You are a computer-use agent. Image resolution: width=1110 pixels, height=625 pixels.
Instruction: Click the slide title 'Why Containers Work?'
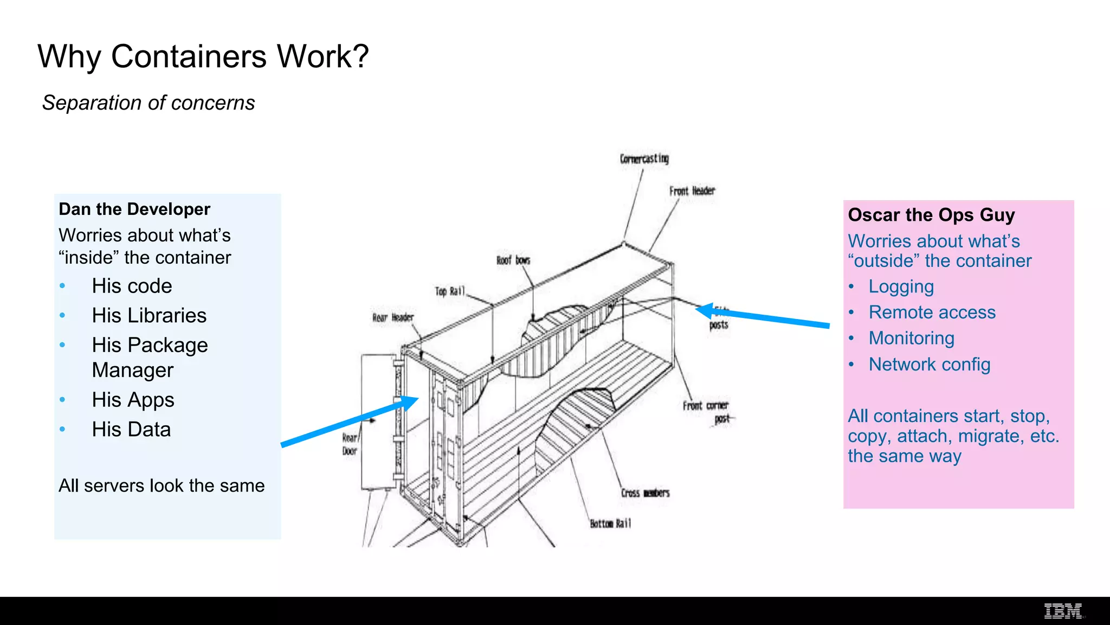coord(203,56)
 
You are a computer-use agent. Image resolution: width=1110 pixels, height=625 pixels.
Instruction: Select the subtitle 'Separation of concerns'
coord(148,103)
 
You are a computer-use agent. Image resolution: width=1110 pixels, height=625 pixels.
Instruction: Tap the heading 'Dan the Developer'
coord(134,209)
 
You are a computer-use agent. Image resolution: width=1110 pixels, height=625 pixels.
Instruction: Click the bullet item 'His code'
coord(132,286)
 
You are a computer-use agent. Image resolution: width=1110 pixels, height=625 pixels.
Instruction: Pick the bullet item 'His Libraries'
coord(149,315)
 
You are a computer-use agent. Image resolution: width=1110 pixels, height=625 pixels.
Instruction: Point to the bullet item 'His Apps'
coord(133,400)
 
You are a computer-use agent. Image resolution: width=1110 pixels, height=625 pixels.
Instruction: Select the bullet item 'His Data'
coord(131,429)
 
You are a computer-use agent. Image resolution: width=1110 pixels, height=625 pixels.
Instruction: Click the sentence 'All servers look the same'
coord(162,485)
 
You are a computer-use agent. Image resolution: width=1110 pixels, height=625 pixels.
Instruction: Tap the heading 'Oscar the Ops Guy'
coord(931,215)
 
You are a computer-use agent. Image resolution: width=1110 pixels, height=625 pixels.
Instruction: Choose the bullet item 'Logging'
coord(901,286)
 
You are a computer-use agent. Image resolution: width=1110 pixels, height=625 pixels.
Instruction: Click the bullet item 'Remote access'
coord(932,312)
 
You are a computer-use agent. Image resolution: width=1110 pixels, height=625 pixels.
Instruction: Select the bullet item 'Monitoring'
coord(911,338)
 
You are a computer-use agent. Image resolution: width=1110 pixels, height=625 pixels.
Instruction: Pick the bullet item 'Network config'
coord(929,364)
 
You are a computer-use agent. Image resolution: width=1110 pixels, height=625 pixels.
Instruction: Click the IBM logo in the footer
coord(1063,611)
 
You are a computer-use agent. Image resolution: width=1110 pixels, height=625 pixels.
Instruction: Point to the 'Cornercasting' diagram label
coord(644,158)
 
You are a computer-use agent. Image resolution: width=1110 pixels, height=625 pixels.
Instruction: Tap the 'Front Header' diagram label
coord(692,191)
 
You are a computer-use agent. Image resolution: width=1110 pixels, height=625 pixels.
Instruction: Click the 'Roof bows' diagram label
coord(513,260)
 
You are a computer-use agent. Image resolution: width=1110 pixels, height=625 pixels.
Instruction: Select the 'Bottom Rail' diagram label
coord(610,524)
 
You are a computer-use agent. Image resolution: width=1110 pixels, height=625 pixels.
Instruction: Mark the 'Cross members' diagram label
coord(645,493)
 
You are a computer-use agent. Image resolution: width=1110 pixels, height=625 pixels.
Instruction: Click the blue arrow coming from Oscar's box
coord(764,317)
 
